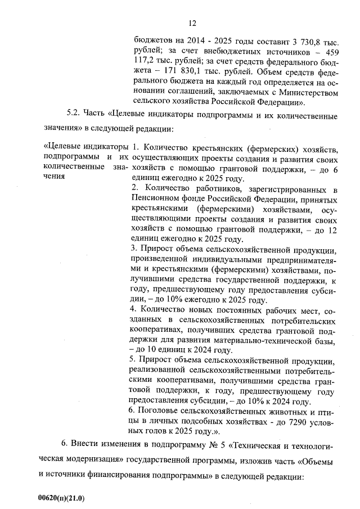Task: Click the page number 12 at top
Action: pyautogui.click(x=192, y=23)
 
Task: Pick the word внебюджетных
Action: pyautogui.click(x=234, y=51)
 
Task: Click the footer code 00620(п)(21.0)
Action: pyautogui.click(x=59, y=498)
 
